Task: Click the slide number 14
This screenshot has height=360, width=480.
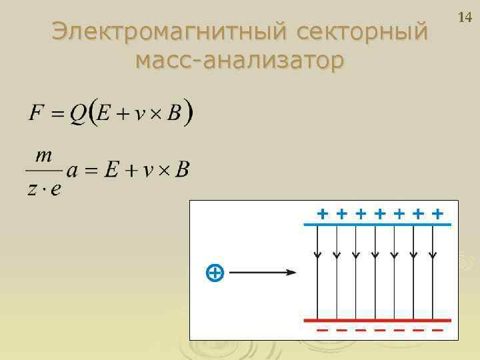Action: click(465, 17)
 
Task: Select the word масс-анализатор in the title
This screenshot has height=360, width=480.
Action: click(239, 61)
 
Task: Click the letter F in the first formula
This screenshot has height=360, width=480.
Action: click(36, 113)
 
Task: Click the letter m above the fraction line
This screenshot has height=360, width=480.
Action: click(44, 155)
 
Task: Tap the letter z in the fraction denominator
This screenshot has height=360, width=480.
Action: click(33, 189)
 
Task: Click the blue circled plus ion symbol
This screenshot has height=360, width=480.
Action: click(214, 272)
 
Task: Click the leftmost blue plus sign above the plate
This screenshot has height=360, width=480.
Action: click(322, 214)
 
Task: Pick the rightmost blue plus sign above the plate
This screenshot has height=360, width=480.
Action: click(437, 214)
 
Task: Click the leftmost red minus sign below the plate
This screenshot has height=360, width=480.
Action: click(322, 330)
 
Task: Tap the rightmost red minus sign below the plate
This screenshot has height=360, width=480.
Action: click(437, 330)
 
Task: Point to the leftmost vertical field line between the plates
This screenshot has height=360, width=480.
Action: click(317, 273)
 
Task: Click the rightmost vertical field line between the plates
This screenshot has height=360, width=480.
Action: click(433, 273)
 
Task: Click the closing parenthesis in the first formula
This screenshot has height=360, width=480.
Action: click(189, 113)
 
